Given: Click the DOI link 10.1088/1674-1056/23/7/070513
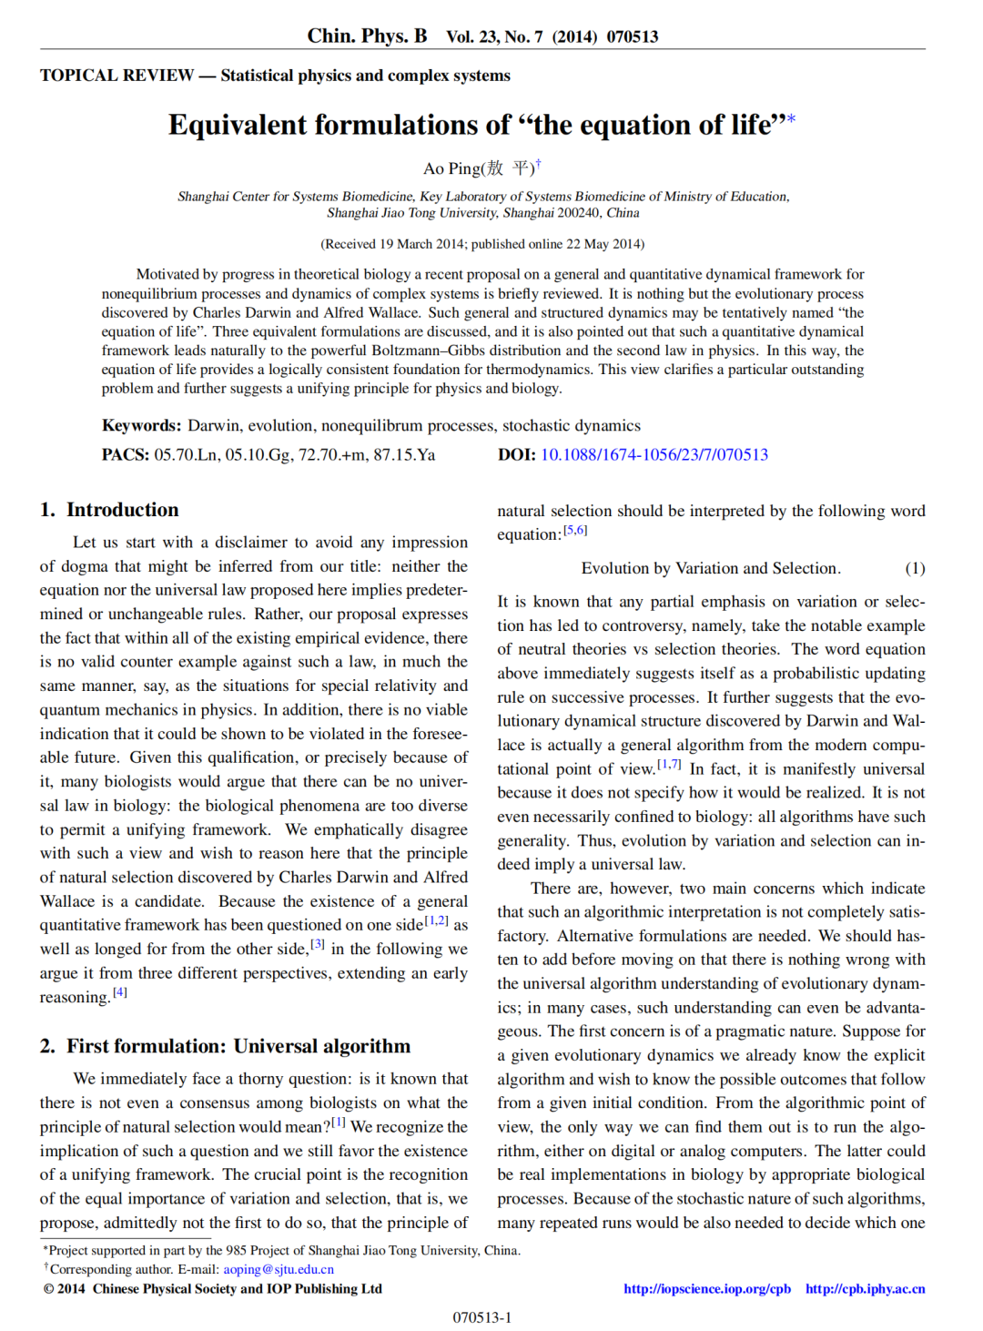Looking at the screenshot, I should [x=654, y=454].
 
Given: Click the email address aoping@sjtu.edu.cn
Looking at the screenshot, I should [x=279, y=1269].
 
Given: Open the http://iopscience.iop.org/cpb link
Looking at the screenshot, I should [x=706, y=1288].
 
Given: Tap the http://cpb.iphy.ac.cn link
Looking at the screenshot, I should [x=865, y=1288].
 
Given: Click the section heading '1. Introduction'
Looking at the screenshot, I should [x=109, y=510].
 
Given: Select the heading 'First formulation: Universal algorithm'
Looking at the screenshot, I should [x=238, y=1046].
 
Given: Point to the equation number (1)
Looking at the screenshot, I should [x=915, y=568].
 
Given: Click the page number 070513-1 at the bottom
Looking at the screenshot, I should [x=482, y=1317].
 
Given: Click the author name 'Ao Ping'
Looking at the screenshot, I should [x=451, y=168].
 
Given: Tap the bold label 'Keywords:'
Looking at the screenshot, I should [x=141, y=425].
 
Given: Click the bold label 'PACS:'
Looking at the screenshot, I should [x=125, y=454].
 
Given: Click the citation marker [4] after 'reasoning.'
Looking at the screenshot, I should [x=120, y=992].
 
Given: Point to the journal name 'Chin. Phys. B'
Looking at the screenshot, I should [x=367, y=36].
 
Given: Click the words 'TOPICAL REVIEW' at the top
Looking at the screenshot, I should [x=117, y=76].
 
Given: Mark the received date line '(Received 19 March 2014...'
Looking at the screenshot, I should [x=482, y=244].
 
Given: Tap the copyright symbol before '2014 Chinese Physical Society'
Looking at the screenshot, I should [x=49, y=1288].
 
